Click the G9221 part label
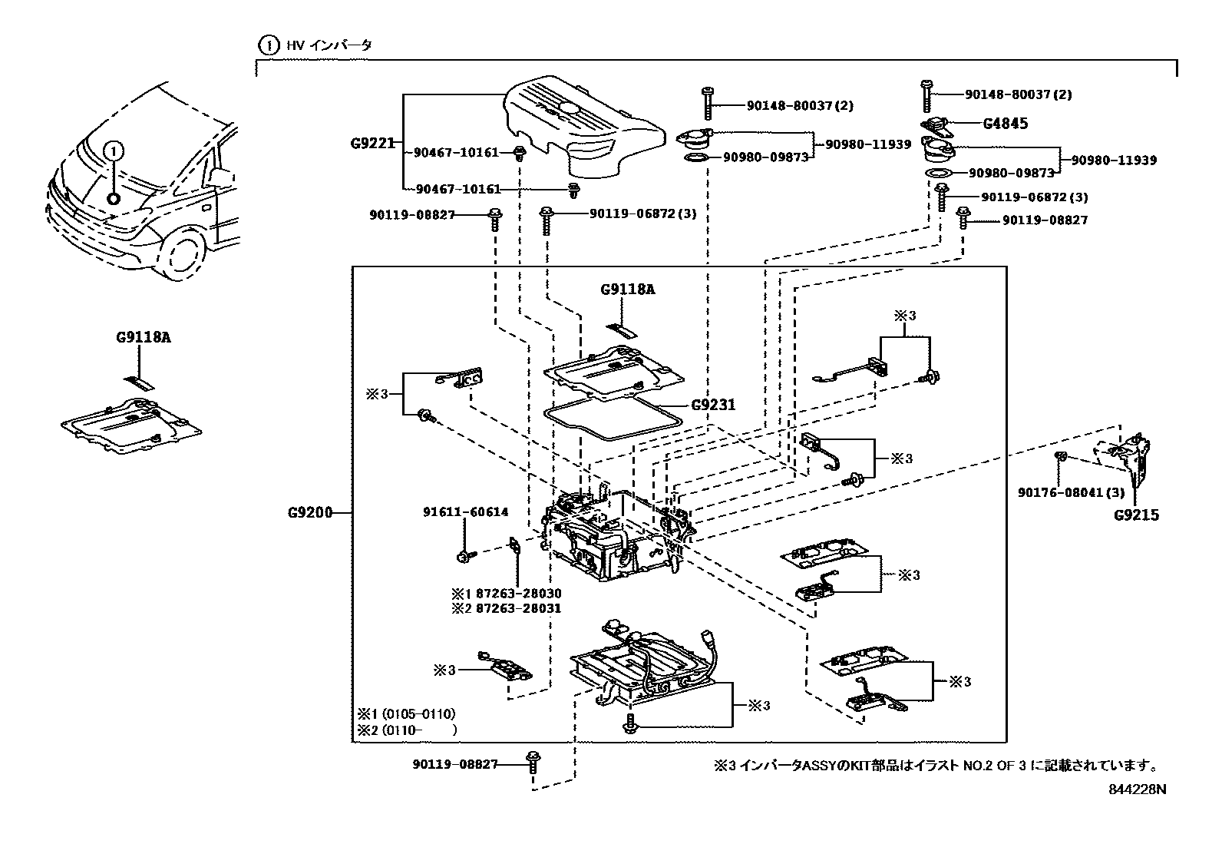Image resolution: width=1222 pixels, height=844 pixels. [372, 143]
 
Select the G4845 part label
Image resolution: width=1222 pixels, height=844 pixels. [1006, 124]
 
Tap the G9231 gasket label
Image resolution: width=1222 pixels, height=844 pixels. [713, 405]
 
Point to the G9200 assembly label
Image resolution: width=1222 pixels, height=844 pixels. [310, 512]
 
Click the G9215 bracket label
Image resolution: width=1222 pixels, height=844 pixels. [1136, 515]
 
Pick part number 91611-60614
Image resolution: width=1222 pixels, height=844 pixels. [465, 512]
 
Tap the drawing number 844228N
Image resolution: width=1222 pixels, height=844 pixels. [1136, 789]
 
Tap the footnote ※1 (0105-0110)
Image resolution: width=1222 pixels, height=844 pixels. [406, 714]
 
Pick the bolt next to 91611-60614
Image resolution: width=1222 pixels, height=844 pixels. [465, 554]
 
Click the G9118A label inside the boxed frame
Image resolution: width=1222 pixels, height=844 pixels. [627, 290]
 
